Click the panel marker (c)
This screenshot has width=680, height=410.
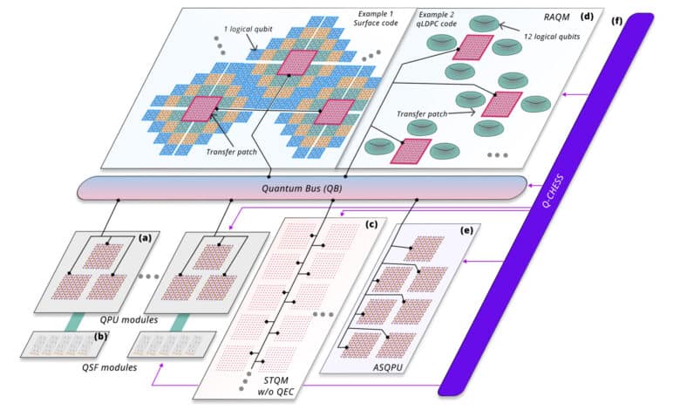click(x=371, y=224)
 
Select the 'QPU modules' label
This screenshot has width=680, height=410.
click(x=128, y=320)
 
